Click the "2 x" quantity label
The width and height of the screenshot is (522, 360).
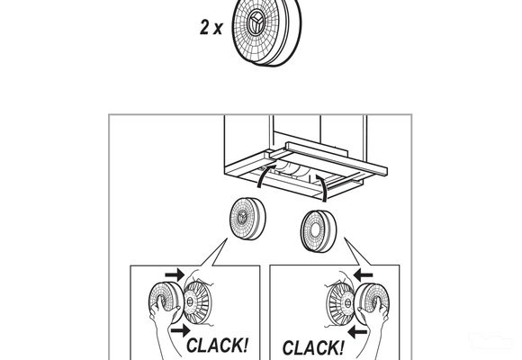point(211,27)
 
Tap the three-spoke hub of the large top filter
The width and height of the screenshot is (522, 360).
point(256,22)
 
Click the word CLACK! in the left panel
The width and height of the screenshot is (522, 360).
point(217,346)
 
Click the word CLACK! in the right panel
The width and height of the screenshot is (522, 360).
point(312,348)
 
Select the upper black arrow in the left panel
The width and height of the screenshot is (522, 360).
point(175,274)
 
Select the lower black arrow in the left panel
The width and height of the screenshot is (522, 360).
point(180,331)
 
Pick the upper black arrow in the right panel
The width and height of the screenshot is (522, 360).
point(363,275)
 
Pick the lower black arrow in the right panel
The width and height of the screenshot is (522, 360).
point(357,332)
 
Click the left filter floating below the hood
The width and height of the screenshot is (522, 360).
point(247,219)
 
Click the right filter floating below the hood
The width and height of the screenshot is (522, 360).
point(319,231)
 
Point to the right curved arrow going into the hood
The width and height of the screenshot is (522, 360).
point(322,187)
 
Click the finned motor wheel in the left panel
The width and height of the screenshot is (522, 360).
point(197,302)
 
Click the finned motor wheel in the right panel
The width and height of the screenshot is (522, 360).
point(340,303)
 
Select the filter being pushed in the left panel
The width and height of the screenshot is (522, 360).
point(166,301)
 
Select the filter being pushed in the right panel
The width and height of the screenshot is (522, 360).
point(372,302)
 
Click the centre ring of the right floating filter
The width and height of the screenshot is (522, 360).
point(315,230)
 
